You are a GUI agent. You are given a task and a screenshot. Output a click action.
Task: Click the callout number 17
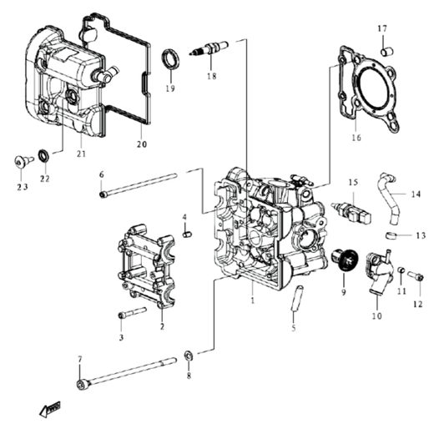[x=382, y=29]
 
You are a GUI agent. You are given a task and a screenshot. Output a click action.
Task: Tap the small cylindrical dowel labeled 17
[x=386, y=52]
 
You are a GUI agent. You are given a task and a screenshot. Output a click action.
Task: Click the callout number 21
[x=81, y=154]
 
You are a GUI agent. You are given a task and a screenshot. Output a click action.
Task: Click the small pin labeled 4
[x=187, y=231]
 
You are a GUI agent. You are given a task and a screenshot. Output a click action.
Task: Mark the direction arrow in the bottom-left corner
[x=51, y=408]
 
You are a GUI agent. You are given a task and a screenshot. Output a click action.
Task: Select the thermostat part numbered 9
[x=346, y=260]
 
